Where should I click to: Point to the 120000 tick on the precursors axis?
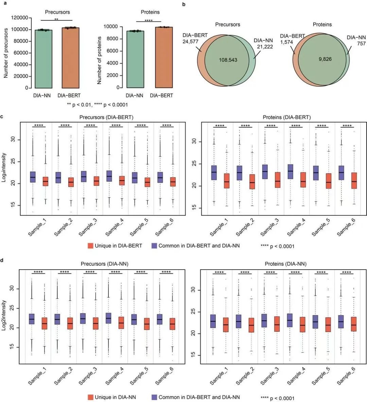20,18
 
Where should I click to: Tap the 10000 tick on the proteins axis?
110,26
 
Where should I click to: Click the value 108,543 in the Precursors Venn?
228,60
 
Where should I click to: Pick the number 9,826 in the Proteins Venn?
325,59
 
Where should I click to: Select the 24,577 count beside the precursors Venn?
190,42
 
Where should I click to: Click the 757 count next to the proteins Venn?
361,43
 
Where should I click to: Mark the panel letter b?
184,5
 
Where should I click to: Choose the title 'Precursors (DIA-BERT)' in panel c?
106,117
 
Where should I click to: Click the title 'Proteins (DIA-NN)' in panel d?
285,264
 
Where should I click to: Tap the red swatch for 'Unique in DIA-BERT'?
90,245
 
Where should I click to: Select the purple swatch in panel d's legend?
154,397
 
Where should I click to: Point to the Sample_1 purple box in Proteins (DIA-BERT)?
214,172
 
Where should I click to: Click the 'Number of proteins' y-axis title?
99,60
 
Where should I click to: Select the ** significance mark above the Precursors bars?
56,20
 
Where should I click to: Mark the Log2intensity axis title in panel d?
4,315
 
